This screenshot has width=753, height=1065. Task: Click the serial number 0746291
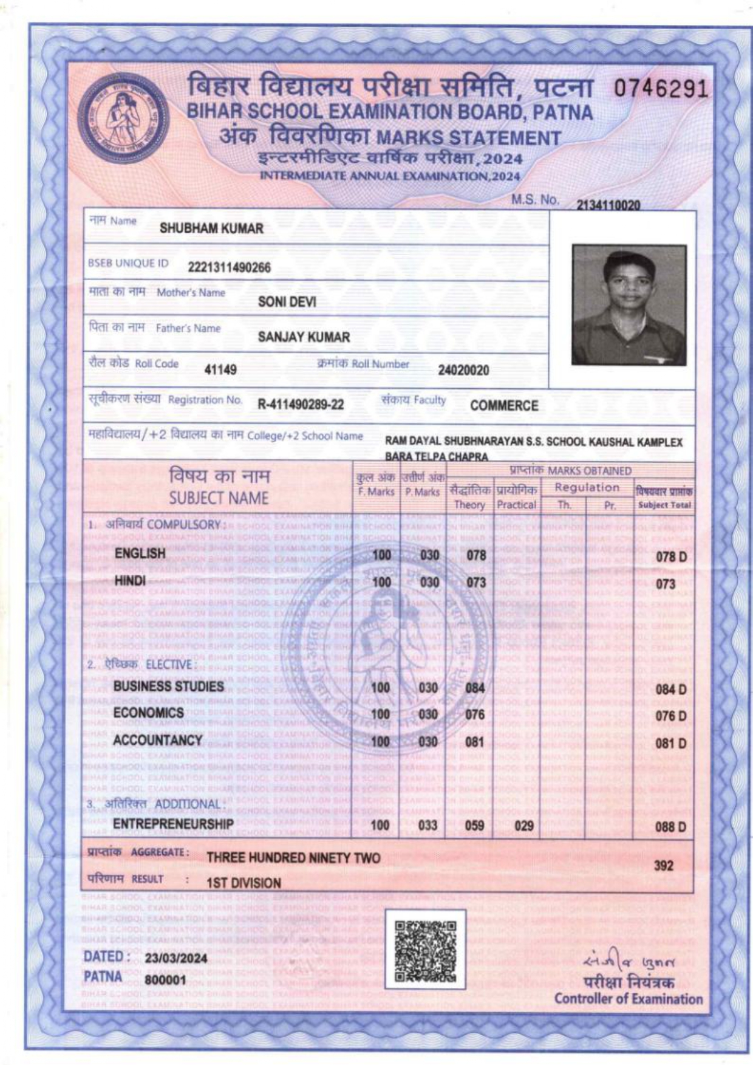[661, 90]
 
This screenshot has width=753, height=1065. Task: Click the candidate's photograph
[629, 304]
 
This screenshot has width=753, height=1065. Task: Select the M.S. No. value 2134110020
[608, 205]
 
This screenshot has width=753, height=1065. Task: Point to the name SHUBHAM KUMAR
[211, 229]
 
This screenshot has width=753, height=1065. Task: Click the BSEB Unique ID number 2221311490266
[230, 268]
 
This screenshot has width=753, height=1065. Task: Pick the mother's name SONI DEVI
[287, 302]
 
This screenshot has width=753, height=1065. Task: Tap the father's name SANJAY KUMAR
[304, 337]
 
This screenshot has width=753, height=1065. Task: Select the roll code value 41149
[220, 369]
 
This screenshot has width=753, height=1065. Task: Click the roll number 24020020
[463, 370]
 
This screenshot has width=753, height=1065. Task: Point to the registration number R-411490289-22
[301, 405]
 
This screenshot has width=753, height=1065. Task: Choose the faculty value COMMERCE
[504, 406]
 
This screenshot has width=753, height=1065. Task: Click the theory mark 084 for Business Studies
[475, 688]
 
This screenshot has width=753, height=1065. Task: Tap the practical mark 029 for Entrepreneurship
[523, 826]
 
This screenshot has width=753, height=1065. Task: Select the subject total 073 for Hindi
[666, 584]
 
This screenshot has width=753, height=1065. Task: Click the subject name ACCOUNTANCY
[157, 740]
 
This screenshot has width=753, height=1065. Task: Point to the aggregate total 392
[663, 866]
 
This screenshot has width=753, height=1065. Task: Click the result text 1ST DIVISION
[244, 883]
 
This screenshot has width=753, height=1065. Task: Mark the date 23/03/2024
[175, 959]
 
